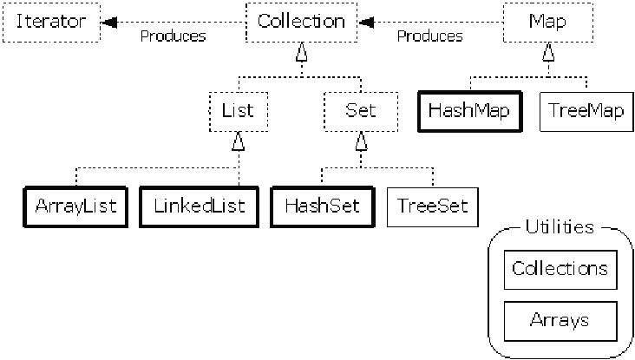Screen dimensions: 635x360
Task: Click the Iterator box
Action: coord(51,23)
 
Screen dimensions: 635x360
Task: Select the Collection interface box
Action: coord(301,23)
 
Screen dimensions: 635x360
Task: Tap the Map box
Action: coord(548,23)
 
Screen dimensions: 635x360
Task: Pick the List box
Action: coord(238,111)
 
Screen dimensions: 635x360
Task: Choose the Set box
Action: coord(361,111)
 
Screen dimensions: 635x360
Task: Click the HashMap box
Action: coord(470,111)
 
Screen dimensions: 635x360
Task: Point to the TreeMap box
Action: coord(586,111)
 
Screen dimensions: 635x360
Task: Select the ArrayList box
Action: coord(75,206)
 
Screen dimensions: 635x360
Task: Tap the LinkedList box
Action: coord(200,206)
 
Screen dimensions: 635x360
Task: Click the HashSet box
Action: coord(323,206)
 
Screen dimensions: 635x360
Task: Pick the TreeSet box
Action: coord(433,206)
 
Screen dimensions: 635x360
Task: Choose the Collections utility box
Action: coord(560,269)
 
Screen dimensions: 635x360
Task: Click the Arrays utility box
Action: coord(560,321)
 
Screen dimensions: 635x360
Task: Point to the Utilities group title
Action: coord(560,226)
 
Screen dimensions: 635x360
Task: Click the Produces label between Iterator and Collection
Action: coord(173,36)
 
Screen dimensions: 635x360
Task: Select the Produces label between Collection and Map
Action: coord(429,36)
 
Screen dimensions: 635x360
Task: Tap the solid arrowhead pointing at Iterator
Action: coord(109,23)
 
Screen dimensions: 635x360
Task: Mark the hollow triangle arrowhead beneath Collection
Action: coord(301,52)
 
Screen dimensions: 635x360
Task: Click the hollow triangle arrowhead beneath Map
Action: coord(548,52)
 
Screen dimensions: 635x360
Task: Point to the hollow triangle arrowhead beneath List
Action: coord(238,141)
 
